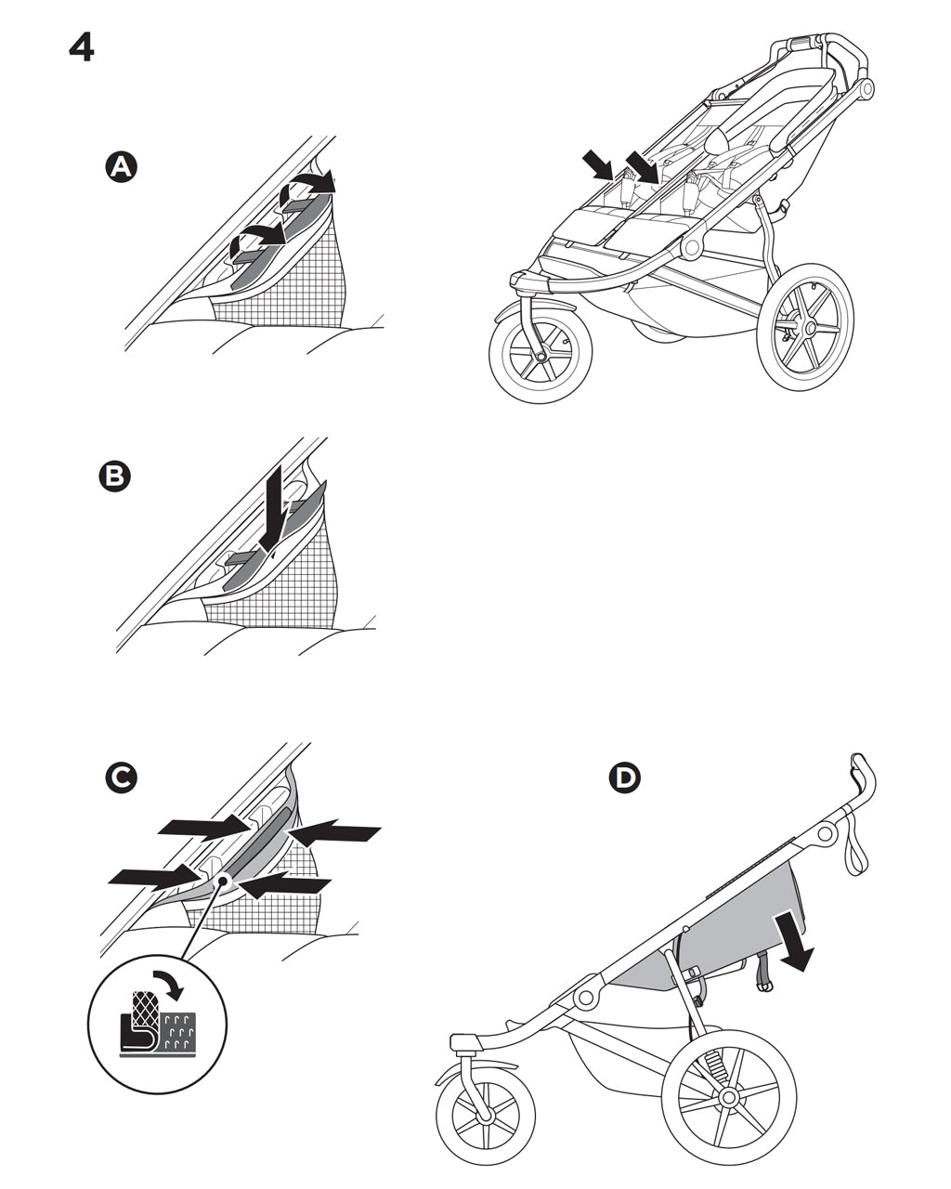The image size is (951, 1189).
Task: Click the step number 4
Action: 82,47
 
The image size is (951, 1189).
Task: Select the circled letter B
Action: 115,477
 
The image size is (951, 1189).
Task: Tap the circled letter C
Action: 122,777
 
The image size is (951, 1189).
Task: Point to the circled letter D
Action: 625,777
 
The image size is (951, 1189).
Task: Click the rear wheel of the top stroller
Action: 804,327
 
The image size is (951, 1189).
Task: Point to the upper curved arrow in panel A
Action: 309,183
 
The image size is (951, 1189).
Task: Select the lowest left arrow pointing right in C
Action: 153,875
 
